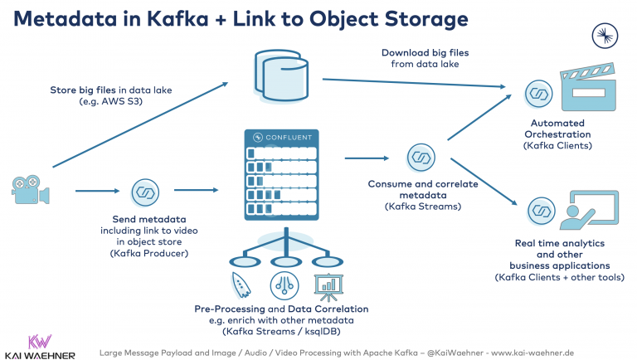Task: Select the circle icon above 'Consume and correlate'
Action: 421,157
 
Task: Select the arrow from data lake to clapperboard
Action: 415,82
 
